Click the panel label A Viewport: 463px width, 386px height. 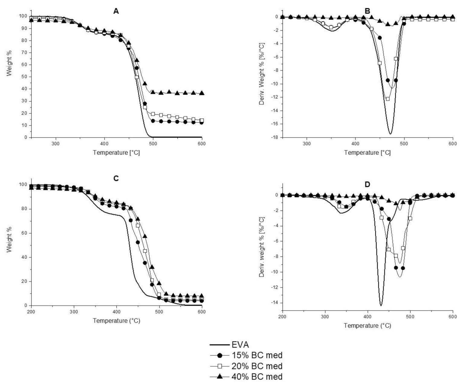pos(116,11)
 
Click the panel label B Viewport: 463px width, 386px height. pos(367,11)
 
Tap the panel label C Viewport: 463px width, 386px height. pos(116,178)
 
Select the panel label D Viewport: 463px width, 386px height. pos(367,185)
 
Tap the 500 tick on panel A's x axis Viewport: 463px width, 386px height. pos(153,143)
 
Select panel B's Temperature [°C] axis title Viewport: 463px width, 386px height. pos(367,152)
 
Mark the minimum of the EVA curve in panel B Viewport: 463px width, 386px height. pos(390,134)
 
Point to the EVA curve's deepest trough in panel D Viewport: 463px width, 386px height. pos(381,305)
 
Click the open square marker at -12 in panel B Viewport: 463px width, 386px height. pos(388,99)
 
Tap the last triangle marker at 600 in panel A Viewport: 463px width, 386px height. pos(202,93)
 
